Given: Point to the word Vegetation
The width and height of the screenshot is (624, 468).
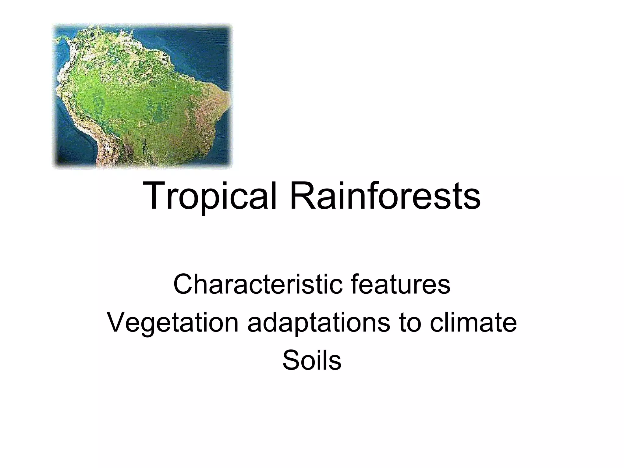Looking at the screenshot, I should coord(172,323).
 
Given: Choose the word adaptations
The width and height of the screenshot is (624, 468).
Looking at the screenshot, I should coord(319,323).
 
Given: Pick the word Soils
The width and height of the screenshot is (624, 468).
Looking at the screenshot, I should coord(312,361).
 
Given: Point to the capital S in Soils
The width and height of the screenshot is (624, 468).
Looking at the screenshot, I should coord(290,361).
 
